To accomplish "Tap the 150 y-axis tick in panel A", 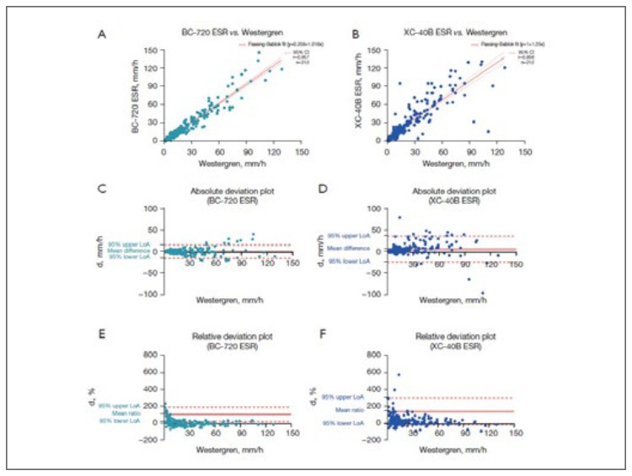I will (153, 50).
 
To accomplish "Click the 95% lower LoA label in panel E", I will (128, 421).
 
